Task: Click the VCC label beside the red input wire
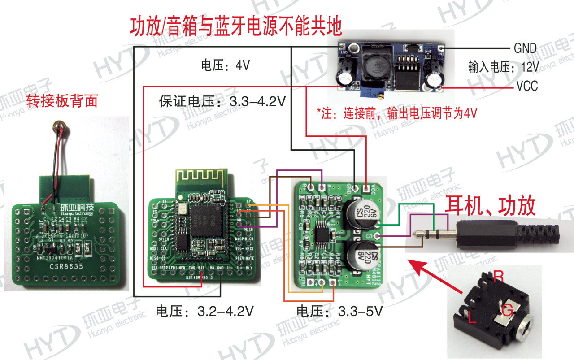tap(527, 86)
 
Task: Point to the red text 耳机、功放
tap(490, 207)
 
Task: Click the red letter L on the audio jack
tap(472, 319)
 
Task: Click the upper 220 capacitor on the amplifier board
tap(361, 212)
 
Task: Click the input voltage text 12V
tap(530, 67)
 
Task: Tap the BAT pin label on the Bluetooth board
tap(202, 268)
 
